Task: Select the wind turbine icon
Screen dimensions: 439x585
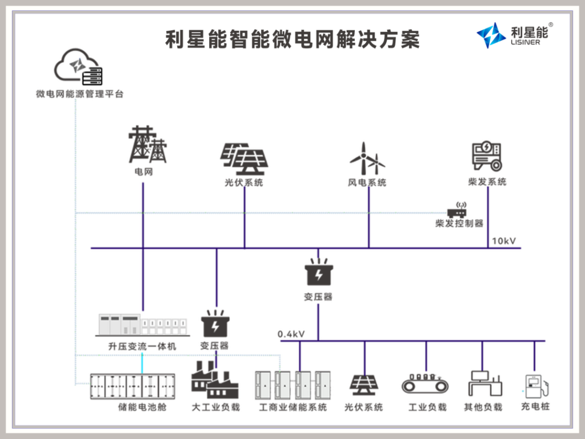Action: point(367,159)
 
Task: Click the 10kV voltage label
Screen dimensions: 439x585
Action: point(503,241)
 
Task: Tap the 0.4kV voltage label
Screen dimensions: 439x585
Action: point(291,333)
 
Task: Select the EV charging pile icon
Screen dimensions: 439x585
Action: point(536,386)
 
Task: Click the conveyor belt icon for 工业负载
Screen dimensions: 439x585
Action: point(426,385)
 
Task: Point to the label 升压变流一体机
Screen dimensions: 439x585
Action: point(142,346)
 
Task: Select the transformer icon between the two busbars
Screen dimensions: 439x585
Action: point(318,273)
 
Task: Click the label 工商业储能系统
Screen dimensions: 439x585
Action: point(293,408)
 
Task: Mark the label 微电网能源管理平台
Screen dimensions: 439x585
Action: point(79,94)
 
